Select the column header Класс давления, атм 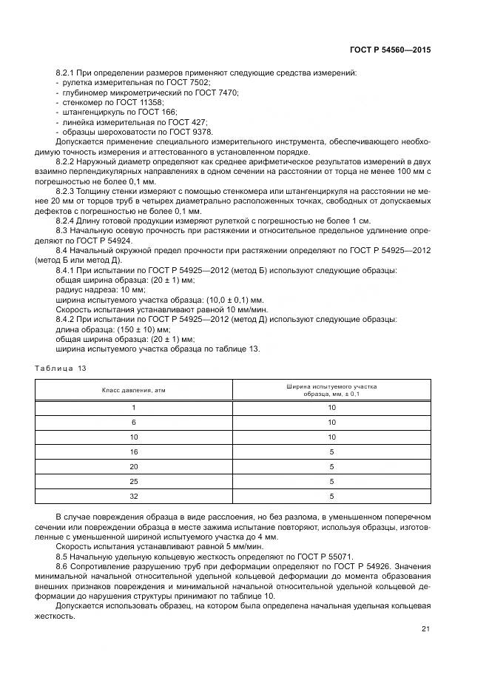(x=134, y=390)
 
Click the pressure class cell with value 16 (x=134, y=451)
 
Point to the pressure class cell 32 (x=134, y=496)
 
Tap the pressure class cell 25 (x=134, y=481)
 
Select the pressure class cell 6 (x=134, y=422)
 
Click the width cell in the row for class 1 (x=332, y=407)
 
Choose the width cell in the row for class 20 (x=332, y=466)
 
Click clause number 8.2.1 (x=67, y=73)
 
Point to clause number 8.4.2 (x=67, y=318)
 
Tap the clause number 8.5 (x=63, y=554)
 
